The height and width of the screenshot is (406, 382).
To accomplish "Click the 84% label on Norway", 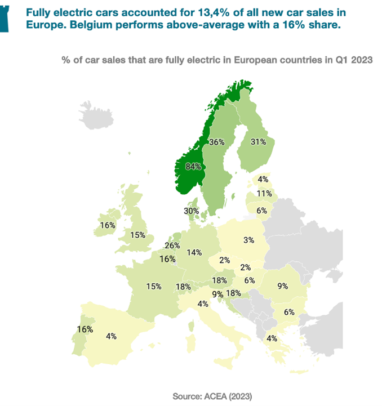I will click(193, 166).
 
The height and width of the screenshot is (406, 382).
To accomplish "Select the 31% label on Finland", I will click(258, 142).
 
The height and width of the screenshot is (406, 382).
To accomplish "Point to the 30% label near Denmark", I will click(191, 211).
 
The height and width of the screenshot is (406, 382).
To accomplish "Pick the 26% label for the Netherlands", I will click(172, 246).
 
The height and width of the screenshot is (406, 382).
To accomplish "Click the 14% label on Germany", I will click(194, 252).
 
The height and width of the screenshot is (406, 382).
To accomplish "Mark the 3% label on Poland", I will click(248, 240).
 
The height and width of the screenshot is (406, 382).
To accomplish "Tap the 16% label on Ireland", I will click(108, 225).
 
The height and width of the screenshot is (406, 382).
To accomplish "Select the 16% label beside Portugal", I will click(85, 329).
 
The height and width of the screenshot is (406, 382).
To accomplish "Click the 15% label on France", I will click(154, 286).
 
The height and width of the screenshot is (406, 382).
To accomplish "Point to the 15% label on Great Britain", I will click(138, 235).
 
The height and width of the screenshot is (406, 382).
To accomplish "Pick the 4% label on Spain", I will click(111, 336).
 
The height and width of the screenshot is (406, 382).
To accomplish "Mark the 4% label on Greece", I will click(272, 338).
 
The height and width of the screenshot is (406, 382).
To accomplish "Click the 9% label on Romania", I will click(282, 286).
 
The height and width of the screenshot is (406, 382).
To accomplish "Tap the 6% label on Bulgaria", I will click(289, 312).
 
